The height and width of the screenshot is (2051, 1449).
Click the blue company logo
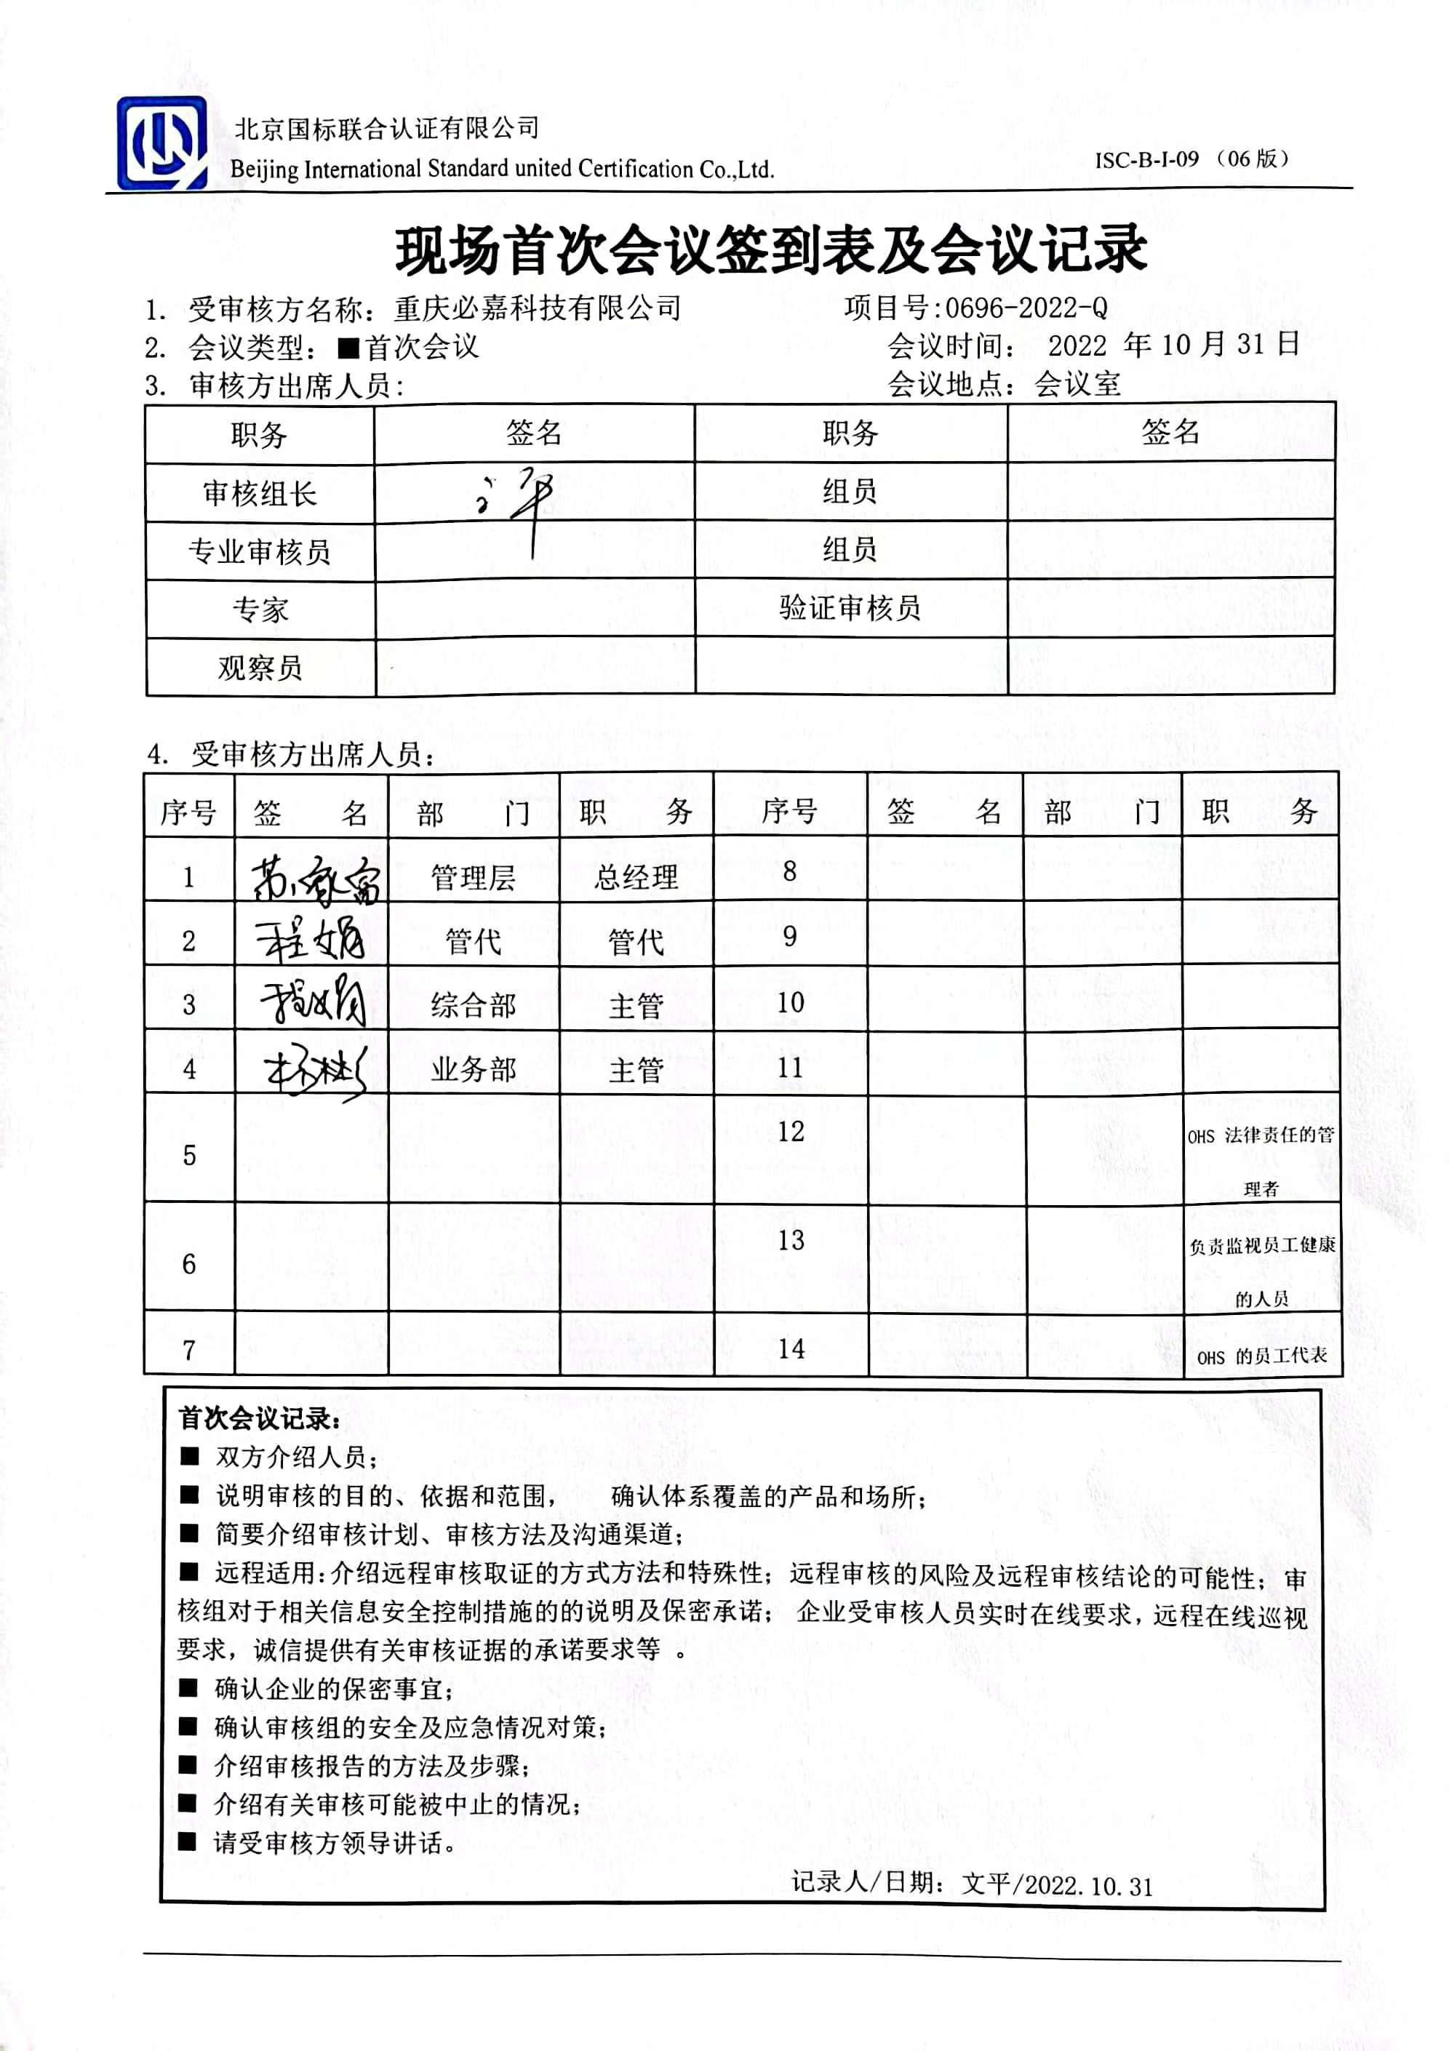point(161,144)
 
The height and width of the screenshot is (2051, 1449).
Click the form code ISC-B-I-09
point(1146,160)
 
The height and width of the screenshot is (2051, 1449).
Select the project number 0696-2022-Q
point(1026,308)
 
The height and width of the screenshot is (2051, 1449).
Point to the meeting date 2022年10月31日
point(1173,345)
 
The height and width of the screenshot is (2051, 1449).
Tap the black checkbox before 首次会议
point(348,348)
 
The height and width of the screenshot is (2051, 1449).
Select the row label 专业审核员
point(259,551)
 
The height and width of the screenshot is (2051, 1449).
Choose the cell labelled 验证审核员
point(850,608)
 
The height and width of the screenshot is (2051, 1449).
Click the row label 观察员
point(259,667)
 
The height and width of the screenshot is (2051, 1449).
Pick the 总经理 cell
point(636,878)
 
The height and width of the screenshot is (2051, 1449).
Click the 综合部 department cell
point(474,1006)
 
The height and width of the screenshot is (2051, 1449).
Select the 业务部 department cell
point(474,1069)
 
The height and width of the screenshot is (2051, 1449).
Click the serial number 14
point(791,1349)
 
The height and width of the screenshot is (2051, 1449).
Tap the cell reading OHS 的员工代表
point(1261,1356)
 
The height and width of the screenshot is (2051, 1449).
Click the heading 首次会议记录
point(258,1418)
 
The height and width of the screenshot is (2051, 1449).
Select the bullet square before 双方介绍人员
point(188,1456)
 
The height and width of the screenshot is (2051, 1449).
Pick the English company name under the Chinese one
point(501,169)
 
